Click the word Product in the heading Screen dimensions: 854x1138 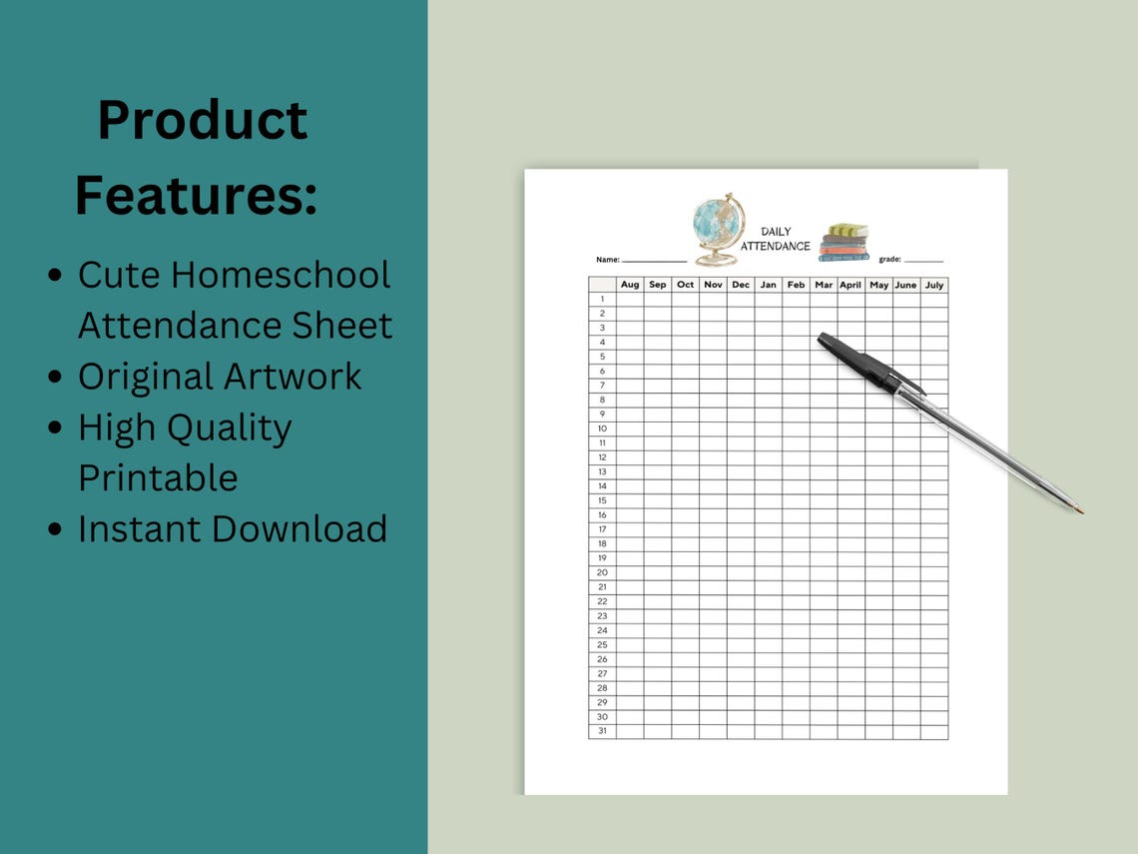tap(203, 121)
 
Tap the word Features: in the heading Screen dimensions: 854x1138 tap(196, 195)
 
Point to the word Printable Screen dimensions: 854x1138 tap(158, 477)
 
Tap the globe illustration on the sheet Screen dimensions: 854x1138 tap(718, 229)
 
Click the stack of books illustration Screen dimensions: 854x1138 tap(844, 243)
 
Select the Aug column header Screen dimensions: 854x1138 tap(630, 285)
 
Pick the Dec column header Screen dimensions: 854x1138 tap(741, 285)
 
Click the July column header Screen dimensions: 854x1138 tap(934, 285)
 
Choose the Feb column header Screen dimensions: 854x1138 tap(796, 285)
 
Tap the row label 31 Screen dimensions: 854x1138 tap(602, 731)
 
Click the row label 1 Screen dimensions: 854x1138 tap(602, 299)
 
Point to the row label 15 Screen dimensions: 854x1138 tap(602, 500)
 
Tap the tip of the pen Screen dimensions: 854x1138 tap(1080, 511)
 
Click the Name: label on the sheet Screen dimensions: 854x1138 tap(608, 260)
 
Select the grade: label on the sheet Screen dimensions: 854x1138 tap(889, 260)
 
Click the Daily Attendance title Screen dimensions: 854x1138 tap(777, 239)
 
